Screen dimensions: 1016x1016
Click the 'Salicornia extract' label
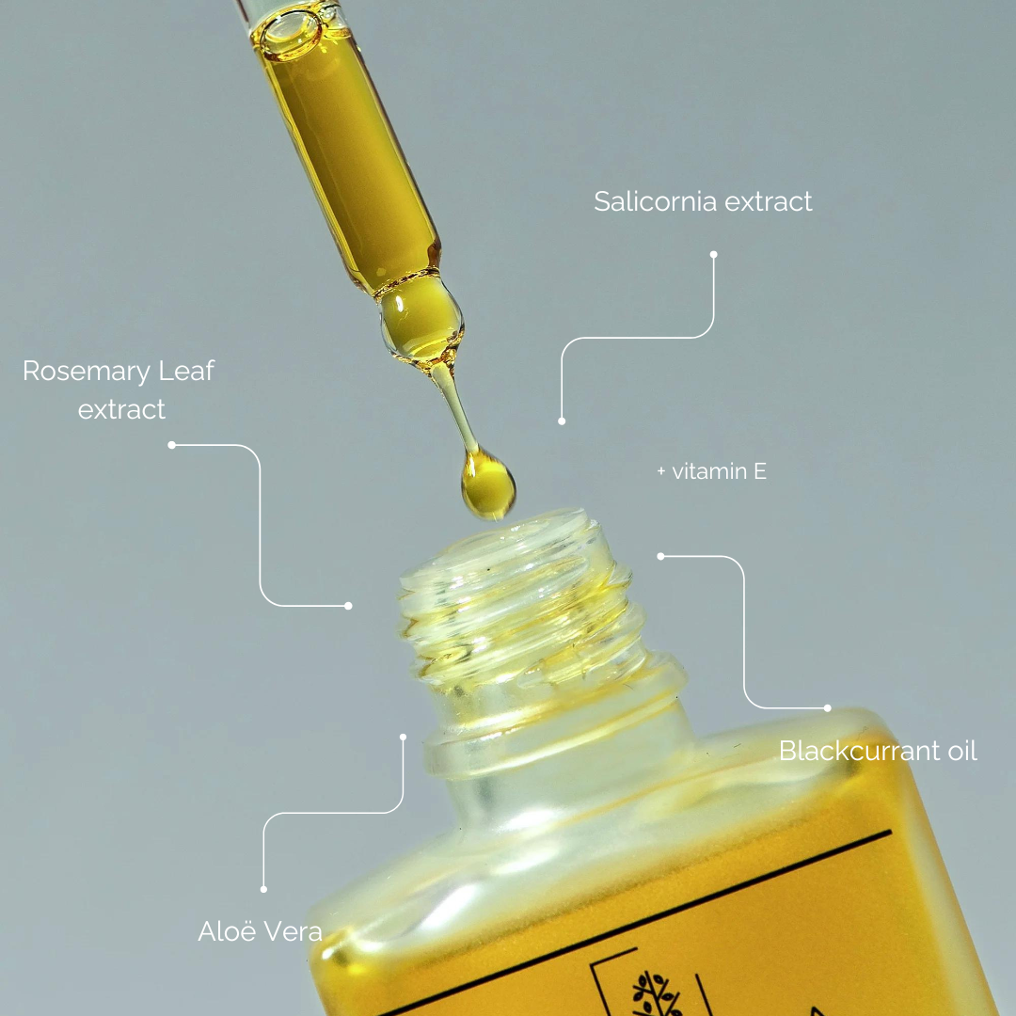(x=703, y=201)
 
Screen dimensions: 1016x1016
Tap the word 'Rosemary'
(x=87, y=372)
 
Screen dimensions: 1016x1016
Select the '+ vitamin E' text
(x=711, y=471)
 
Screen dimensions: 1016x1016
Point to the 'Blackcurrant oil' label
(x=878, y=751)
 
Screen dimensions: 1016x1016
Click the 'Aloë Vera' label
(x=260, y=931)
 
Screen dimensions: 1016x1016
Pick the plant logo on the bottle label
(x=657, y=993)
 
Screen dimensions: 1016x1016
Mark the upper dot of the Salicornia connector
(x=713, y=255)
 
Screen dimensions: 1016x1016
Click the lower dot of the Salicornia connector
(x=562, y=421)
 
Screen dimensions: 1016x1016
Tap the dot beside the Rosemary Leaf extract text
(x=172, y=445)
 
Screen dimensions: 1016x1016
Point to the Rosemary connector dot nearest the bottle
(x=349, y=606)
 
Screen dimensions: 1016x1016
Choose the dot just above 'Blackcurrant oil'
(x=828, y=708)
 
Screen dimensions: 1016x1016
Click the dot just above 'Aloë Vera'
(x=263, y=889)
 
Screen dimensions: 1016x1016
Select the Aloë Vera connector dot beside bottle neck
(x=403, y=737)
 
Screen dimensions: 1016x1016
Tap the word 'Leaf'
(x=186, y=371)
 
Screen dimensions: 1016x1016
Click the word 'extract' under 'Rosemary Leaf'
(x=121, y=410)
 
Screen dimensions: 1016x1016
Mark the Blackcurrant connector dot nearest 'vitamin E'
(x=660, y=556)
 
